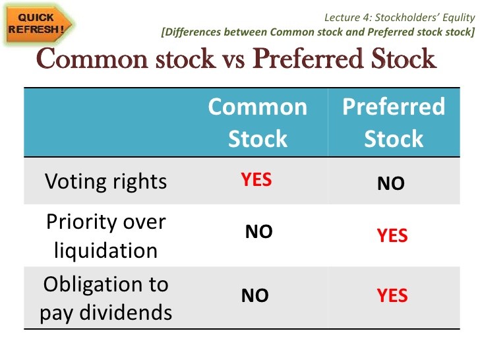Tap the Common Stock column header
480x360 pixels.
click(x=258, y=123)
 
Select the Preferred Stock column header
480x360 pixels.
click(x=394, y=123)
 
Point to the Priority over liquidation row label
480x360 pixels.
click(x=106, y=236)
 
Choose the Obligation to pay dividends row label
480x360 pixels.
click(x=106, y=299)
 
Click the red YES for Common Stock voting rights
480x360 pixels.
click(x=256, y=179)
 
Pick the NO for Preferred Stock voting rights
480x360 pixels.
click(x=391, y=183)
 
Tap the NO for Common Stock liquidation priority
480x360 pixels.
click(x=258, y=231)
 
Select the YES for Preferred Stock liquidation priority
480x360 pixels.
click(x=392, y=235)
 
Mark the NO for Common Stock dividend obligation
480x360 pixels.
click(x=255, y=295)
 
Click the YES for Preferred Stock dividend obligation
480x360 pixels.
click(x=392, y=295)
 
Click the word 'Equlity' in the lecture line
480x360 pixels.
click(x=459, y=18)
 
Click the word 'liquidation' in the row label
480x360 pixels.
click(x=105, y=251)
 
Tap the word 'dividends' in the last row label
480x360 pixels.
click(x=126, y=313)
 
